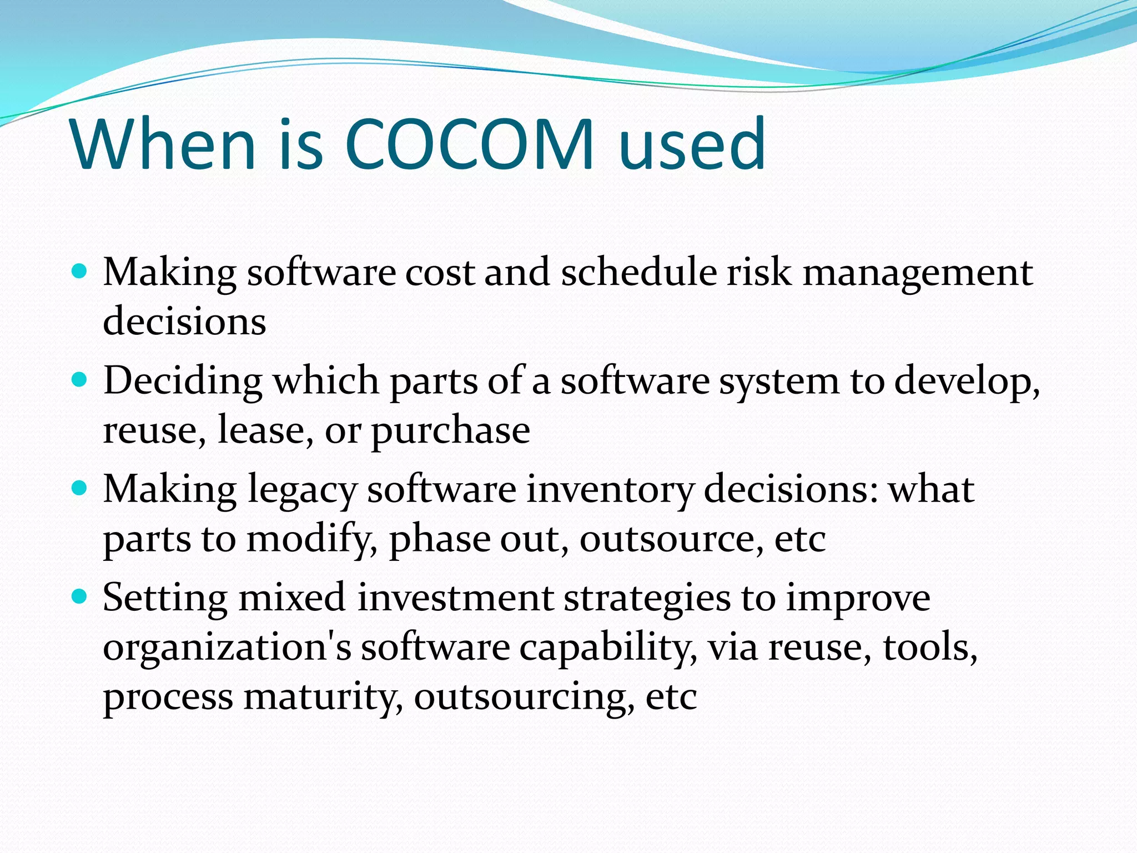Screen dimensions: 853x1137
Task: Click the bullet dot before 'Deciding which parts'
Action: coord(80,380)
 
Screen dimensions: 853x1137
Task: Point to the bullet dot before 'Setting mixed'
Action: coord(80,597)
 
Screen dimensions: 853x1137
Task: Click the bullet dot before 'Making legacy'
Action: coord(80,489)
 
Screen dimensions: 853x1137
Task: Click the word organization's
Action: coord(227,648)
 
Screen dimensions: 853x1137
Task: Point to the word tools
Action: coord(930,647)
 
